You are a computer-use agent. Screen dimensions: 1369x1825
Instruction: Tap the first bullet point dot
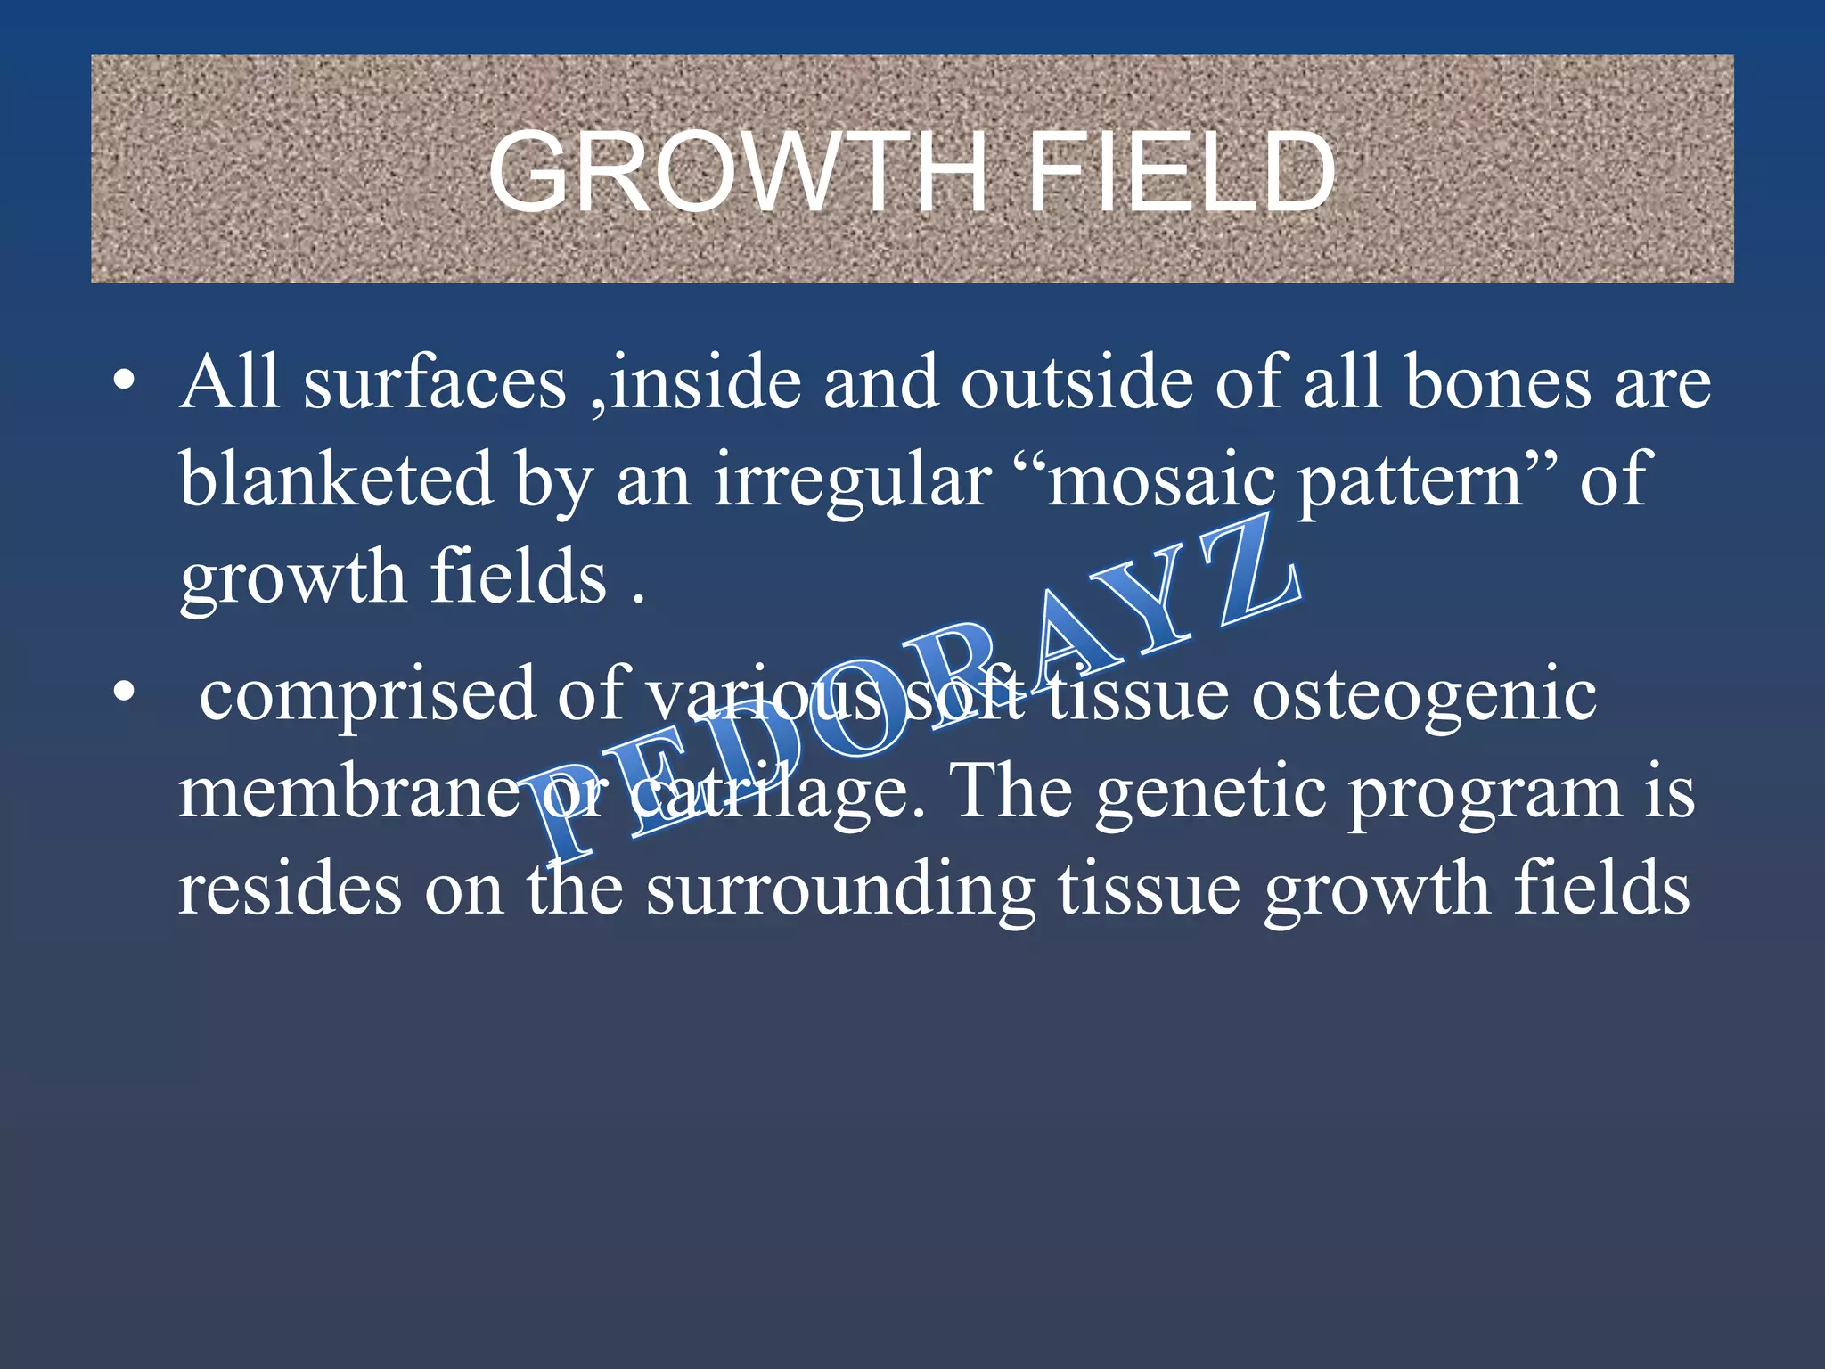pyautogui.click(x=125, y=381)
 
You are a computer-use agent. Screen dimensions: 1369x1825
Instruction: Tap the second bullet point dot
pyautogui.click(x=125, y=692)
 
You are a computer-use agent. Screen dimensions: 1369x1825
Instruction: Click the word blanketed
pyautogui.click(x=337, y=480)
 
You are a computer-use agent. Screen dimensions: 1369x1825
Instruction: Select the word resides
pyautogui.click(x=290, y=889)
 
